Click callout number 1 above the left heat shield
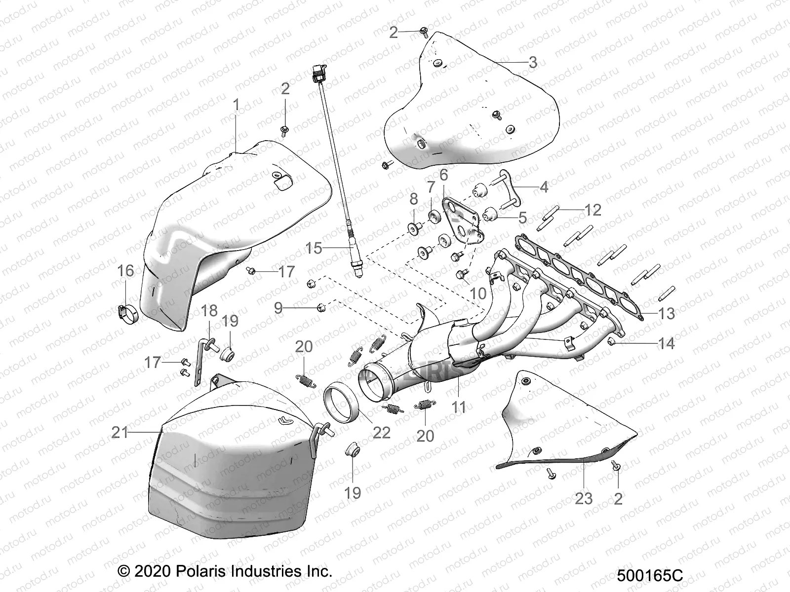coord(236,105)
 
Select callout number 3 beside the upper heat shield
coord(532,63)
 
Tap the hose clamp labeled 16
coord(127,312)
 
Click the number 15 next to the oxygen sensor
coord(314,248)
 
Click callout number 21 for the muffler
coord(120,433)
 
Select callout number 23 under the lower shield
coord(584,498)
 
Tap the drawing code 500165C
coord(650,576)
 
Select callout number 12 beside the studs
coord(593,210)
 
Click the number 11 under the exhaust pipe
coord(459,407)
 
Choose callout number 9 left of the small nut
coord(278,308)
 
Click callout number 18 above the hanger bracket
coord(209,311)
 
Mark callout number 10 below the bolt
coord(478,294)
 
